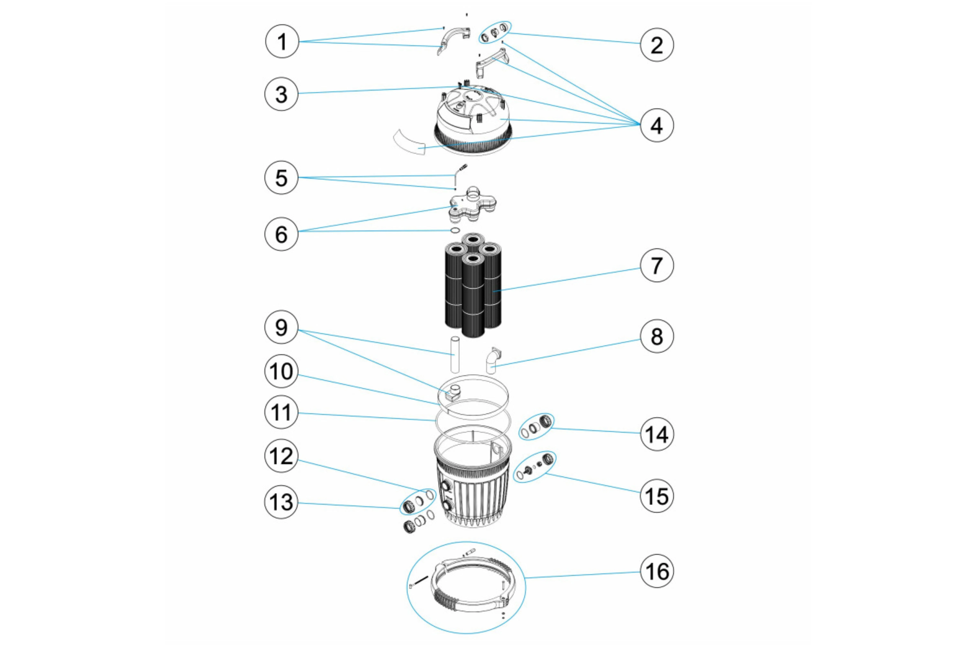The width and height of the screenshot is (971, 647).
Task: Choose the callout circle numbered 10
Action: pyautogui.click(x=281, y=371)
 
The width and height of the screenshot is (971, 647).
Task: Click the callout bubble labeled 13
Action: pyautogui.click(x=281, y=502)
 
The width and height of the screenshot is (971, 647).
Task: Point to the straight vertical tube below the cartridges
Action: pyautogui.click(x=455, y=355)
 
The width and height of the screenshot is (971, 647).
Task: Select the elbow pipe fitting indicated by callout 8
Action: pyautogui.click(x=492, y=361)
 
